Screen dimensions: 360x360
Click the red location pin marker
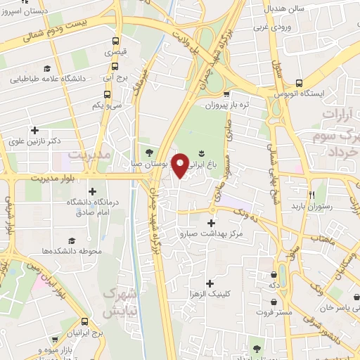pos(181,165)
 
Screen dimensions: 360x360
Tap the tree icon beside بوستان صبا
pos(149,151)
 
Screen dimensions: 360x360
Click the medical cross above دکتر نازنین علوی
pos(34,130)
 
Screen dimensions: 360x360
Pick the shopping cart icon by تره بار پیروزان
pos(226,94)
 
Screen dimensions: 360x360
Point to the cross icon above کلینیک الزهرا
pos(210,283)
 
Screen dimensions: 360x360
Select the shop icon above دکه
pos(274,275)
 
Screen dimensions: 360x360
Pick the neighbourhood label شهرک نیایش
pos(118,301)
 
